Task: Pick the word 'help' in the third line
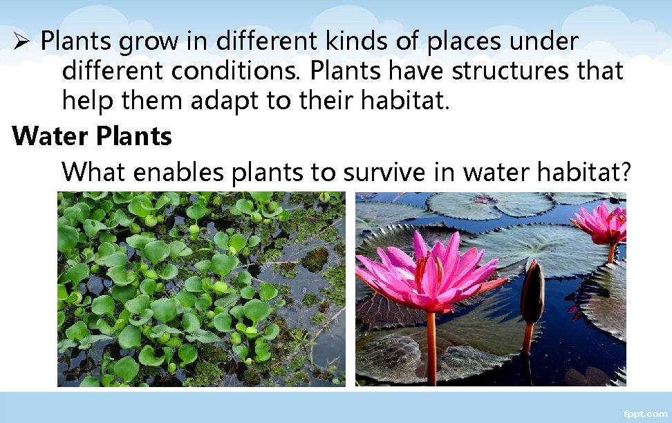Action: click(x=88, y=101)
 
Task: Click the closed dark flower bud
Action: click(x=532, y=294)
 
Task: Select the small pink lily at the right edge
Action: click(x=604, y=225)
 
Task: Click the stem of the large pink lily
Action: click(x=431, y=346)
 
